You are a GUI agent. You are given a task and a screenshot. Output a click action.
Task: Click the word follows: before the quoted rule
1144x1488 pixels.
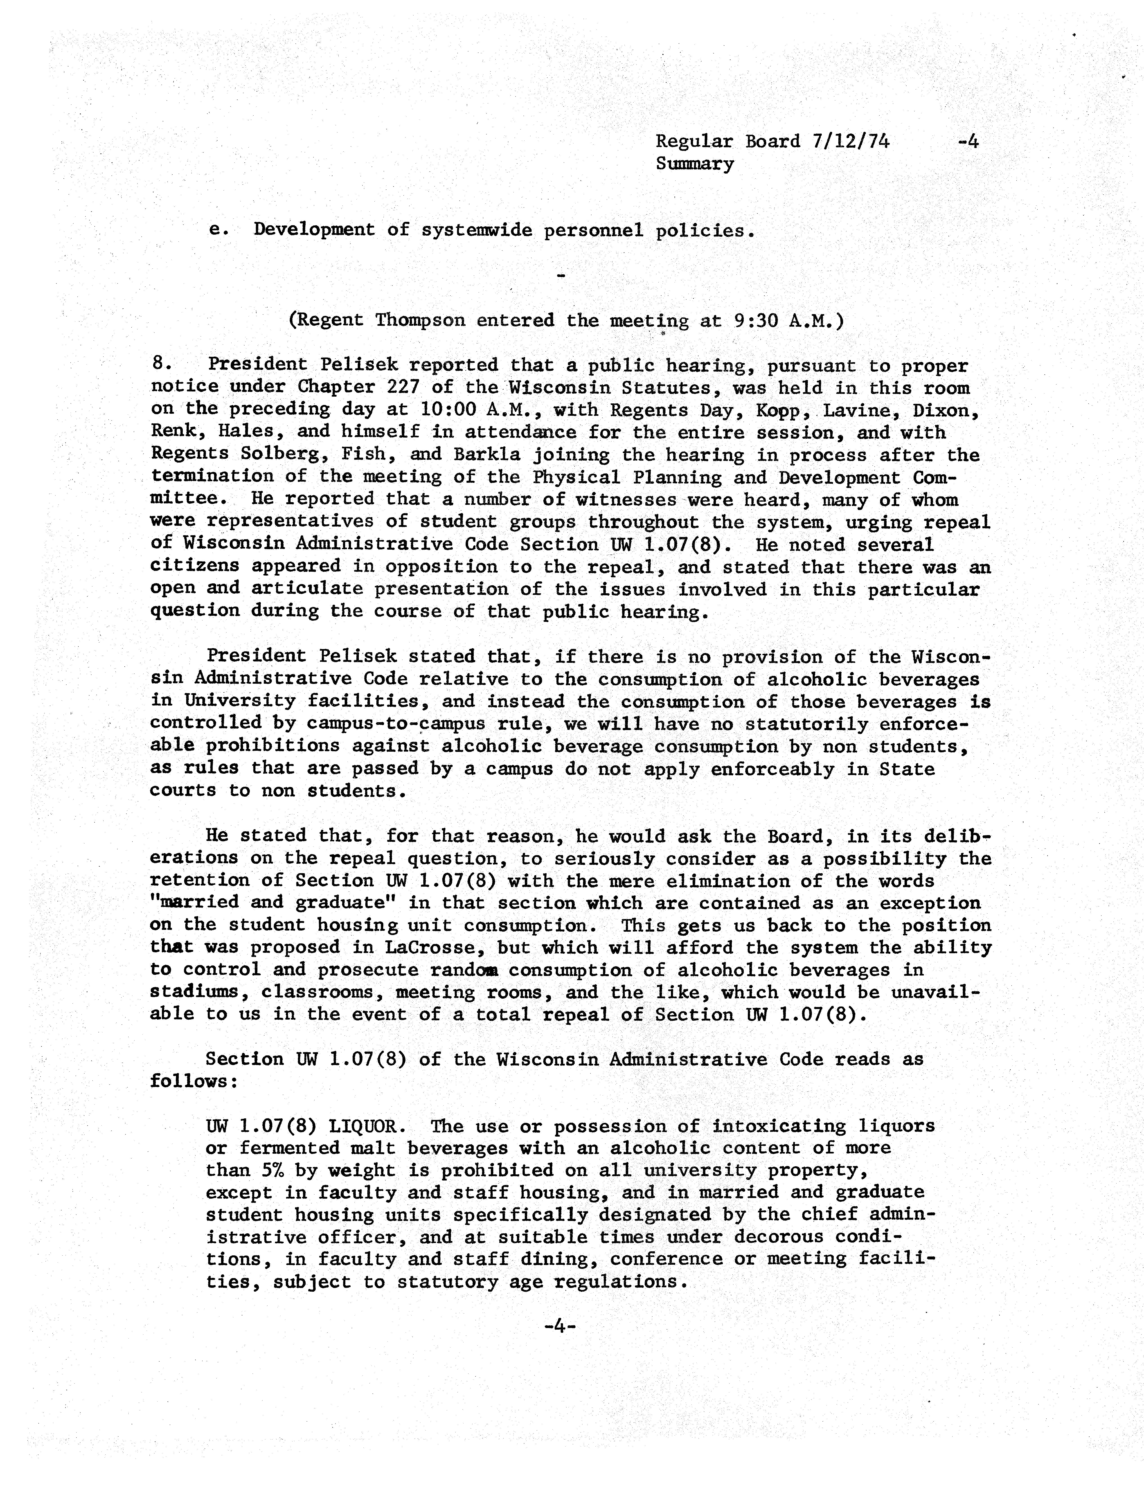pos(194,1081)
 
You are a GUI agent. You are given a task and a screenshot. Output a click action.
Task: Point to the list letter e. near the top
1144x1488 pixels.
pos(217,230)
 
